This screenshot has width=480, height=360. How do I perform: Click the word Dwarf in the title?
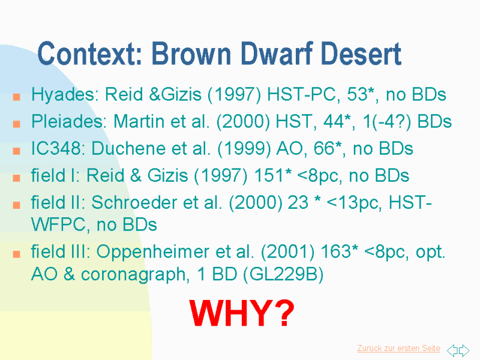tap(277, 53)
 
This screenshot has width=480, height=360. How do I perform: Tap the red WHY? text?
tap(242, 313)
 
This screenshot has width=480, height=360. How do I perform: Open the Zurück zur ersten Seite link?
tap(398, 349)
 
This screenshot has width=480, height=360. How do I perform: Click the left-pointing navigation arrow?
tap(452, 350)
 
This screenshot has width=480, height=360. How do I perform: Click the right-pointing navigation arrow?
tap(464, 350)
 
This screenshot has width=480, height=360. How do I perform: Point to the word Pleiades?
tap(69, 121)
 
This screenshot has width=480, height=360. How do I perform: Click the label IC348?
tap(56, 148)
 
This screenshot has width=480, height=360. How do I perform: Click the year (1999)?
tap(244, 149)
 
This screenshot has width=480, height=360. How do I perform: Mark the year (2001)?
tap(287, 252)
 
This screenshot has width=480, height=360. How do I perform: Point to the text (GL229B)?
tap(283, 274)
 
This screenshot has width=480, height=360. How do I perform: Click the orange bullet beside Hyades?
tap(17, 97)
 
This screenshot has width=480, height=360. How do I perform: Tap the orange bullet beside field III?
tap(17, 254)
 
